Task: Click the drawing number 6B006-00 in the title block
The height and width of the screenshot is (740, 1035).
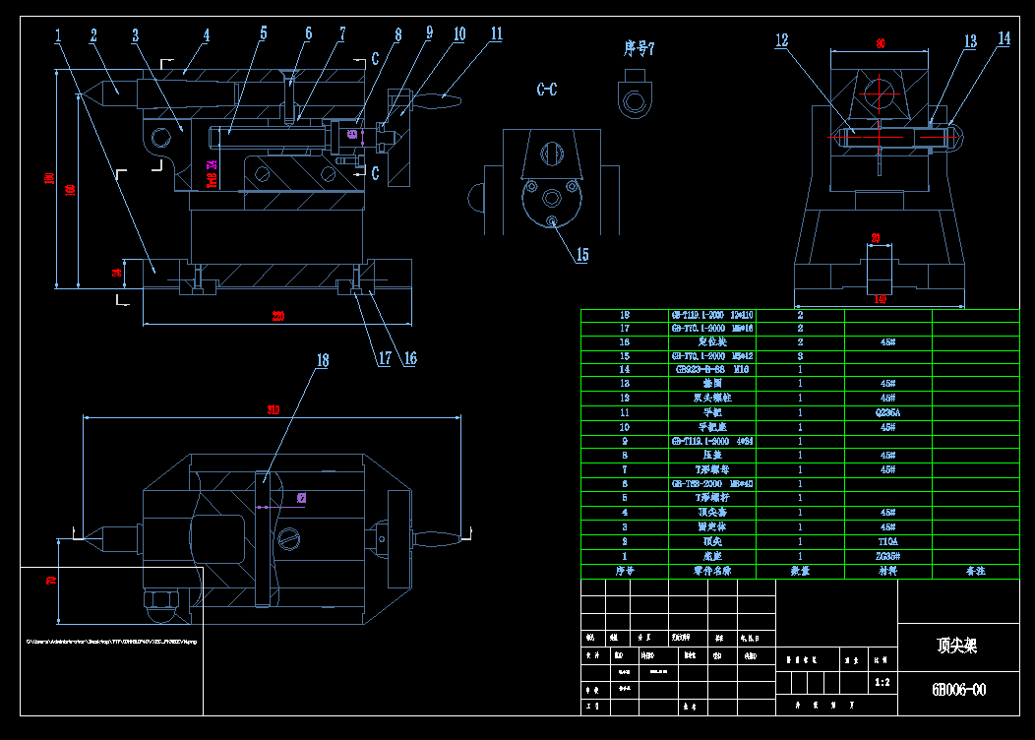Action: [958, 690]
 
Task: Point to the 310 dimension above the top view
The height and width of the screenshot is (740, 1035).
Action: [273, 409]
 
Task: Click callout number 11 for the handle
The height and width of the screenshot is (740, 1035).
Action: [496, 33]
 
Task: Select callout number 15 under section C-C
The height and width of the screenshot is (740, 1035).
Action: [581, 255]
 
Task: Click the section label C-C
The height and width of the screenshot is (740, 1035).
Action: [547, 90]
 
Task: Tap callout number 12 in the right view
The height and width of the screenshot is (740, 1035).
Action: [782, 40]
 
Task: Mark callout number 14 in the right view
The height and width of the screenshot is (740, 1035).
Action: [1003, 38]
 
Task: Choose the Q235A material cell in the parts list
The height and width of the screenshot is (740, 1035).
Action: [887, 413]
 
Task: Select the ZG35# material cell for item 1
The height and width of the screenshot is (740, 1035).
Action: [887, 556]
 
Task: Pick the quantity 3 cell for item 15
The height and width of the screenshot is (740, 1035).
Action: [800, 356]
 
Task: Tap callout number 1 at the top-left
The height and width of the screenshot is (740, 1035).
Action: [58, 35]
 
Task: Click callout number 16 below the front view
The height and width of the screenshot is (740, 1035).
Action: [409, 358]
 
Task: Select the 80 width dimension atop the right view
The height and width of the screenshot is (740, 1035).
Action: [881, 43]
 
